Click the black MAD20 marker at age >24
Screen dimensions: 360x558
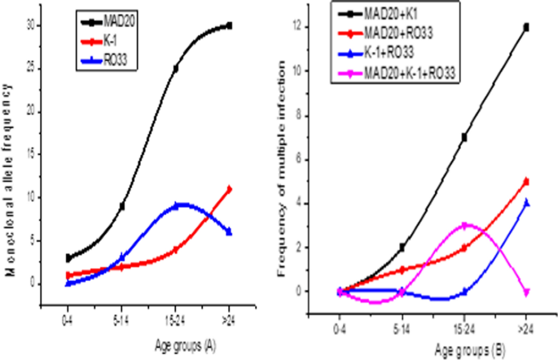click(x=230, y=25)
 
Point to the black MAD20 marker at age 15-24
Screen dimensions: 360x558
click(x=176, y=68)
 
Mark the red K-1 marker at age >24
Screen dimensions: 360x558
click(x=230, y=189)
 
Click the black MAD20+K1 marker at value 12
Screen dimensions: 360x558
click(x=526, y=27)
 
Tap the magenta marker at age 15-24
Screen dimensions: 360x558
click(x=464, y=225)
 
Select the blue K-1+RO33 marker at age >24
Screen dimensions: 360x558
click(x=526, y=203)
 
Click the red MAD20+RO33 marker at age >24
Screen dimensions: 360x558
click(x=526, y=181)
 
